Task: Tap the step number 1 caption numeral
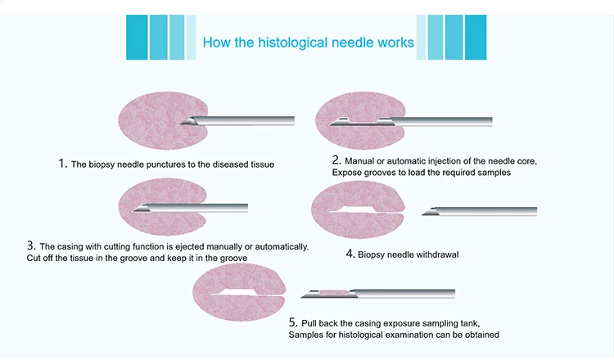[61, 163]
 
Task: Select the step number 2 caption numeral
[336, 160]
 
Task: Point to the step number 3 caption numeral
[30, 245]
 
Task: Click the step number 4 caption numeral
[350, 254]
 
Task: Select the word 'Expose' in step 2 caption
[347, 173]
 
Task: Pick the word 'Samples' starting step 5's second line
[307, 334]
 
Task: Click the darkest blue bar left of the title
[137, 37]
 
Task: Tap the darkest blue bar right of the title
[476, 37]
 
